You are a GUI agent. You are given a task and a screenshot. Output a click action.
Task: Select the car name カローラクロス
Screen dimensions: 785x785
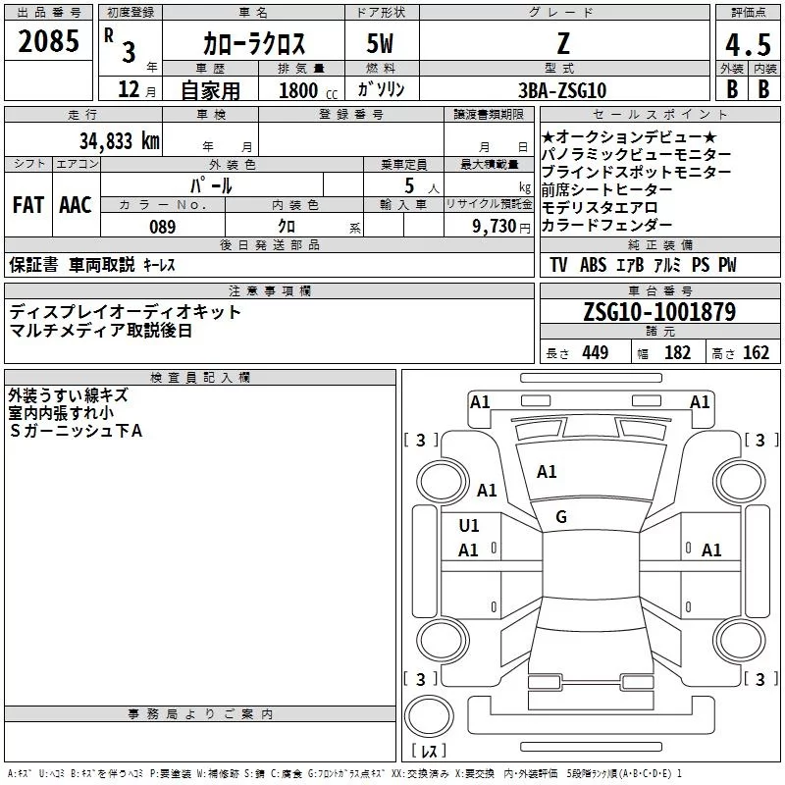(x=254, y=43)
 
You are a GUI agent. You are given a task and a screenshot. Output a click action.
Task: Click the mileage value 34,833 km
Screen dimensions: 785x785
(x=118, y=140)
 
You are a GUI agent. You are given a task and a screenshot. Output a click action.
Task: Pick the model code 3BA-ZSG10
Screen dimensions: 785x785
(x=561, y=90)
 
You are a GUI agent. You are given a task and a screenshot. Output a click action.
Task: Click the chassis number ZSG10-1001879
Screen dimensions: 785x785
(x=659, y=312)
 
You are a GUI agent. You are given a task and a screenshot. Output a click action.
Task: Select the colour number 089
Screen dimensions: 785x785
(x=162, y=227)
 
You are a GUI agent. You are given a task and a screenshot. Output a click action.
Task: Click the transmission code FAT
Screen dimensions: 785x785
(x=27, y=205)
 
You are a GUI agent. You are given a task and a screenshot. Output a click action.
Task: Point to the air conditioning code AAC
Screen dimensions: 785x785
(x=76, y=205)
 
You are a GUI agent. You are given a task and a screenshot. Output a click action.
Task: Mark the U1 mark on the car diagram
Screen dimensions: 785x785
(x=469, y=525)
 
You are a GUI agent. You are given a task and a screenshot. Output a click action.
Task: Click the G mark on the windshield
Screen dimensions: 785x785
(x=561, y=516)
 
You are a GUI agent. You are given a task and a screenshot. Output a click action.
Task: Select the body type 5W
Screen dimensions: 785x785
(x=382, y=43)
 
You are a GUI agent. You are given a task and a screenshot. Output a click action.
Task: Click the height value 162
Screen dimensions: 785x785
(x=756, y=353)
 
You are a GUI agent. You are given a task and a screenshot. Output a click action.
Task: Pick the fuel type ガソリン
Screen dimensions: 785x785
(x=382, y=90)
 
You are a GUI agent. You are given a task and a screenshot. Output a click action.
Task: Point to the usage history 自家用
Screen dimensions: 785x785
(x=210, y=90)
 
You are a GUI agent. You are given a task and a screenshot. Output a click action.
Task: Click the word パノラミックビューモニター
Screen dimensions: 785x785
(x=636, y=155)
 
